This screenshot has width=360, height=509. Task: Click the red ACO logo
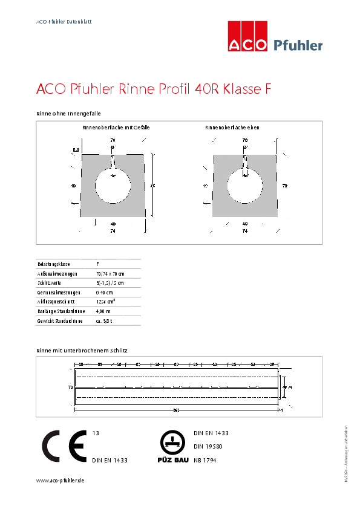(247, 37)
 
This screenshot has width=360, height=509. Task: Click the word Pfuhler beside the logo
(298, 45)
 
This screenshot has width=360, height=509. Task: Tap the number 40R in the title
(207, 89)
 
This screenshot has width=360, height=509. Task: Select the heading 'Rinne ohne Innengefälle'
(68, 113)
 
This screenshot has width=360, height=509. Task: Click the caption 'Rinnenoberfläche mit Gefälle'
(116, 128)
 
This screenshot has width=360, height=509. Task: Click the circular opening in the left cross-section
(113, 187)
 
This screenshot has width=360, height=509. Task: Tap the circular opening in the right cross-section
(244, 187)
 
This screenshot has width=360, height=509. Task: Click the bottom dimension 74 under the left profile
(113, 231)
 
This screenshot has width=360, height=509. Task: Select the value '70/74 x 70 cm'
(110, 274)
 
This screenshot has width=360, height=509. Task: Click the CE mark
(63, 447)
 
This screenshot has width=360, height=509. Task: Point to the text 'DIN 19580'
(208, 447)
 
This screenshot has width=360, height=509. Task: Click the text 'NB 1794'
(205, 460)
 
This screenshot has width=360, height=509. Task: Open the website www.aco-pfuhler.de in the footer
(60, 480)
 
